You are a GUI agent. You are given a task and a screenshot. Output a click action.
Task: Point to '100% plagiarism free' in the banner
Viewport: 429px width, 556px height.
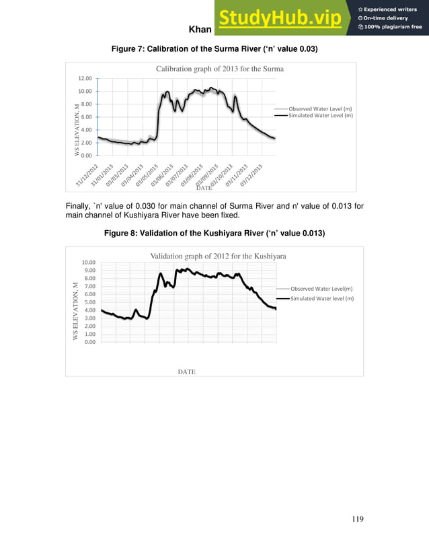393,27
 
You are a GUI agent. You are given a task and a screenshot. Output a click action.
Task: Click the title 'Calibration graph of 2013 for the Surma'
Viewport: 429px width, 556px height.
220,69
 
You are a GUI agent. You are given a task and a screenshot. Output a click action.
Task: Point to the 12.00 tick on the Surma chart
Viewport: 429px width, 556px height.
83,79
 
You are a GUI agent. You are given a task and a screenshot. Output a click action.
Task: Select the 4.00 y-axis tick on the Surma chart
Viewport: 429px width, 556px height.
85,130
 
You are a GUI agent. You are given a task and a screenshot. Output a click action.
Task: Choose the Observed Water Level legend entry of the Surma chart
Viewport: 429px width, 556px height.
320,108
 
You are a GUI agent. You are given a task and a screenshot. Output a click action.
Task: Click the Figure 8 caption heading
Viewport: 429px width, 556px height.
214,233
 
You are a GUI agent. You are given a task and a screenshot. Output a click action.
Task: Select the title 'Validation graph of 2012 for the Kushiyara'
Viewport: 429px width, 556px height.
219,256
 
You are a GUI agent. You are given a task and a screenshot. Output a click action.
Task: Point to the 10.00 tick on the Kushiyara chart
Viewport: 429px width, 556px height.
89,263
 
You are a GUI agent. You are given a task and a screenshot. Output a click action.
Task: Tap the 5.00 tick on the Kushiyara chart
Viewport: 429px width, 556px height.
90,302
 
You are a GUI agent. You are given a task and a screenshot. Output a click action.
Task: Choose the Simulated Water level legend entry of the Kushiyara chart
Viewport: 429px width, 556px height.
321,298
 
